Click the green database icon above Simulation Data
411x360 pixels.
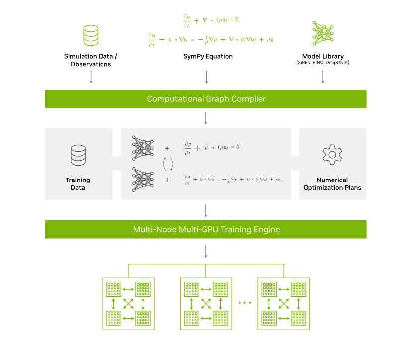coord(90,35)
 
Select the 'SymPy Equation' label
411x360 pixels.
coord(206,56)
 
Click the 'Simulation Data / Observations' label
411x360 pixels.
coord(91,60)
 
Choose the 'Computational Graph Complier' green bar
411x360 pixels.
coord(206,99)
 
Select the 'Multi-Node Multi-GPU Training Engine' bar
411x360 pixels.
coord(206,230)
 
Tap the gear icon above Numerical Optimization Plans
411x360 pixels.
coord(332,155)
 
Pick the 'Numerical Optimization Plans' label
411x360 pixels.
coord(332,184)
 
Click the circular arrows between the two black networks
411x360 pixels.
coord(168,164)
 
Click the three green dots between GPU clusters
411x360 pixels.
coord(245,303)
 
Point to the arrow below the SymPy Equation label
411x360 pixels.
coord(206,76)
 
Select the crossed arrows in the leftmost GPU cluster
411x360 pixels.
coord(128,303)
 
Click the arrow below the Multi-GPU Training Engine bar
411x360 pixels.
coord(206,251)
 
